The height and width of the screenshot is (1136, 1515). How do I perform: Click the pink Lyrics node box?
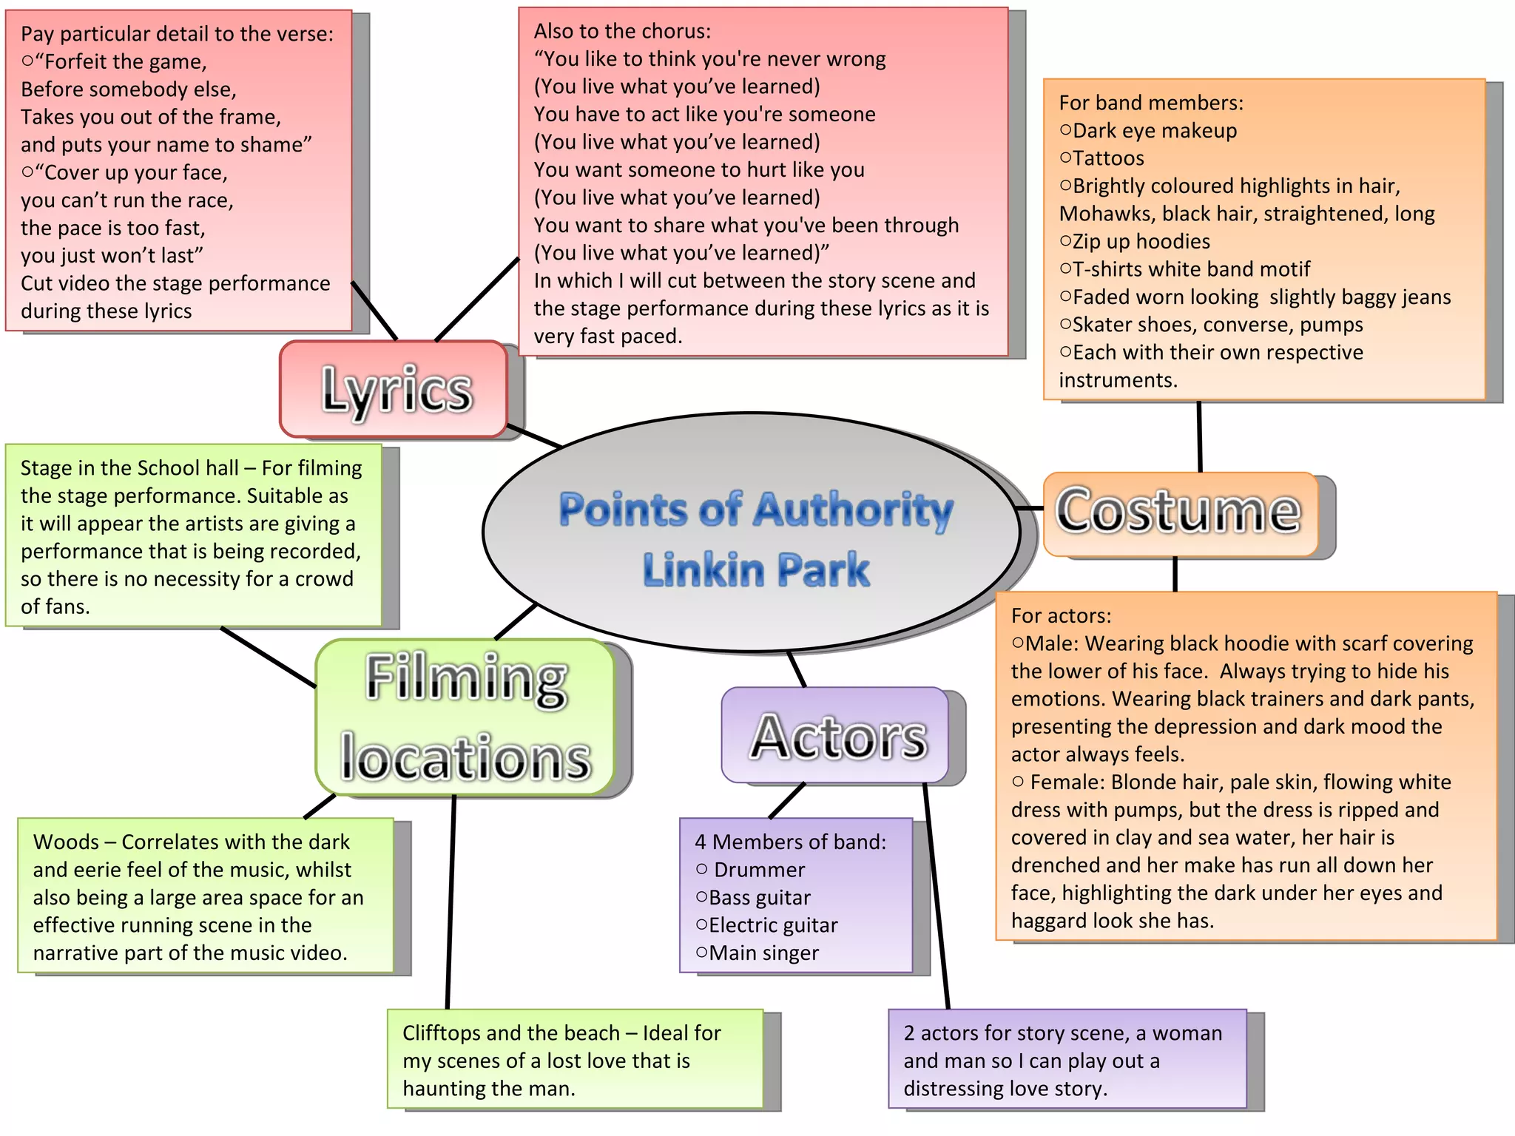(x=394, y=389)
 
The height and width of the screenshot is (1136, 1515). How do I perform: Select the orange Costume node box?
(x=1180, y=513)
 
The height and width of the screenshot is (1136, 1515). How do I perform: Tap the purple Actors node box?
(x=835, y=735)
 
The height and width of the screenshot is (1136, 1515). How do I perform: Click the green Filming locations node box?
(x=465, y=717)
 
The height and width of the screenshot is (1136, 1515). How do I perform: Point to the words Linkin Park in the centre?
(x=756, y=569)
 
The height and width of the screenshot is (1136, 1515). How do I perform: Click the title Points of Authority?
(x=756, y=510)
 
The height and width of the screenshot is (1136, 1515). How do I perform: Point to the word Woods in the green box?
(x=66, y=842)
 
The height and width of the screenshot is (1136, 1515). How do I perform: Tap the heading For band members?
(x=1150, y=103)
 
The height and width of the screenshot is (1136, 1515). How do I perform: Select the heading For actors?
(x=1061, y=616)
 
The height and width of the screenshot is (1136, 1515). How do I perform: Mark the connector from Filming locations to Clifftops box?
(x=451, y=902)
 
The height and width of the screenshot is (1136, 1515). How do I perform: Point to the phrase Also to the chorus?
(x=621, y=31)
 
